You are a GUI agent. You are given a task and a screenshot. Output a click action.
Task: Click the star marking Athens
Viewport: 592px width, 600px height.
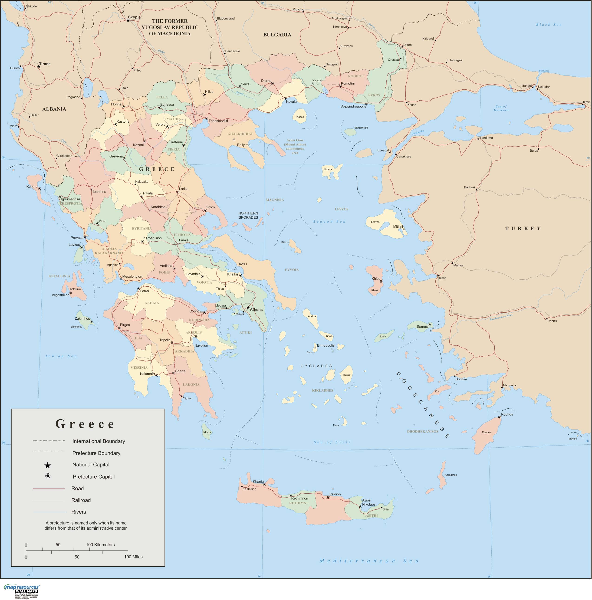[x=248, y=308]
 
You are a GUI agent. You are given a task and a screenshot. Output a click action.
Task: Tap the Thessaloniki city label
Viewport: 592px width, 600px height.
[x=218, y=121]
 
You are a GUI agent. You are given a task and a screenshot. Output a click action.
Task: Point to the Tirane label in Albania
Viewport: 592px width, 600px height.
[x=45, y=64]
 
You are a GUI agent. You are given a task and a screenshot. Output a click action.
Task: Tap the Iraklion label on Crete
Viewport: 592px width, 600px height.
[x=335, y=494]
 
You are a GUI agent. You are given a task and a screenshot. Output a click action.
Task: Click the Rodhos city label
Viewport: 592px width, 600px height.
[x=507, y=414]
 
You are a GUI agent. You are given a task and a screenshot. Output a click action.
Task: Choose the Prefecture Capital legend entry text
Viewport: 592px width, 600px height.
[x=93, y=477]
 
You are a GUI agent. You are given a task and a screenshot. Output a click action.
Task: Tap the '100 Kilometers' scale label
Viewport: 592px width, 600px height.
[x=100, y=545]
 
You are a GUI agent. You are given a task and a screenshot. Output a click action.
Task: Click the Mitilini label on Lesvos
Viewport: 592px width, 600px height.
[x=398, y=227]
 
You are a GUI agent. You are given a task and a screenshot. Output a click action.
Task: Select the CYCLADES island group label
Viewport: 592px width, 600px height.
[x=316, y=366]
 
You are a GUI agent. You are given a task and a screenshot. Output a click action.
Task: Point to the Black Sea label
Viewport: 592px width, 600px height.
[x=549, y=25]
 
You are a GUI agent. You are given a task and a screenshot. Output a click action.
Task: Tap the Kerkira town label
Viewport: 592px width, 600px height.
[x=32, y=187]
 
